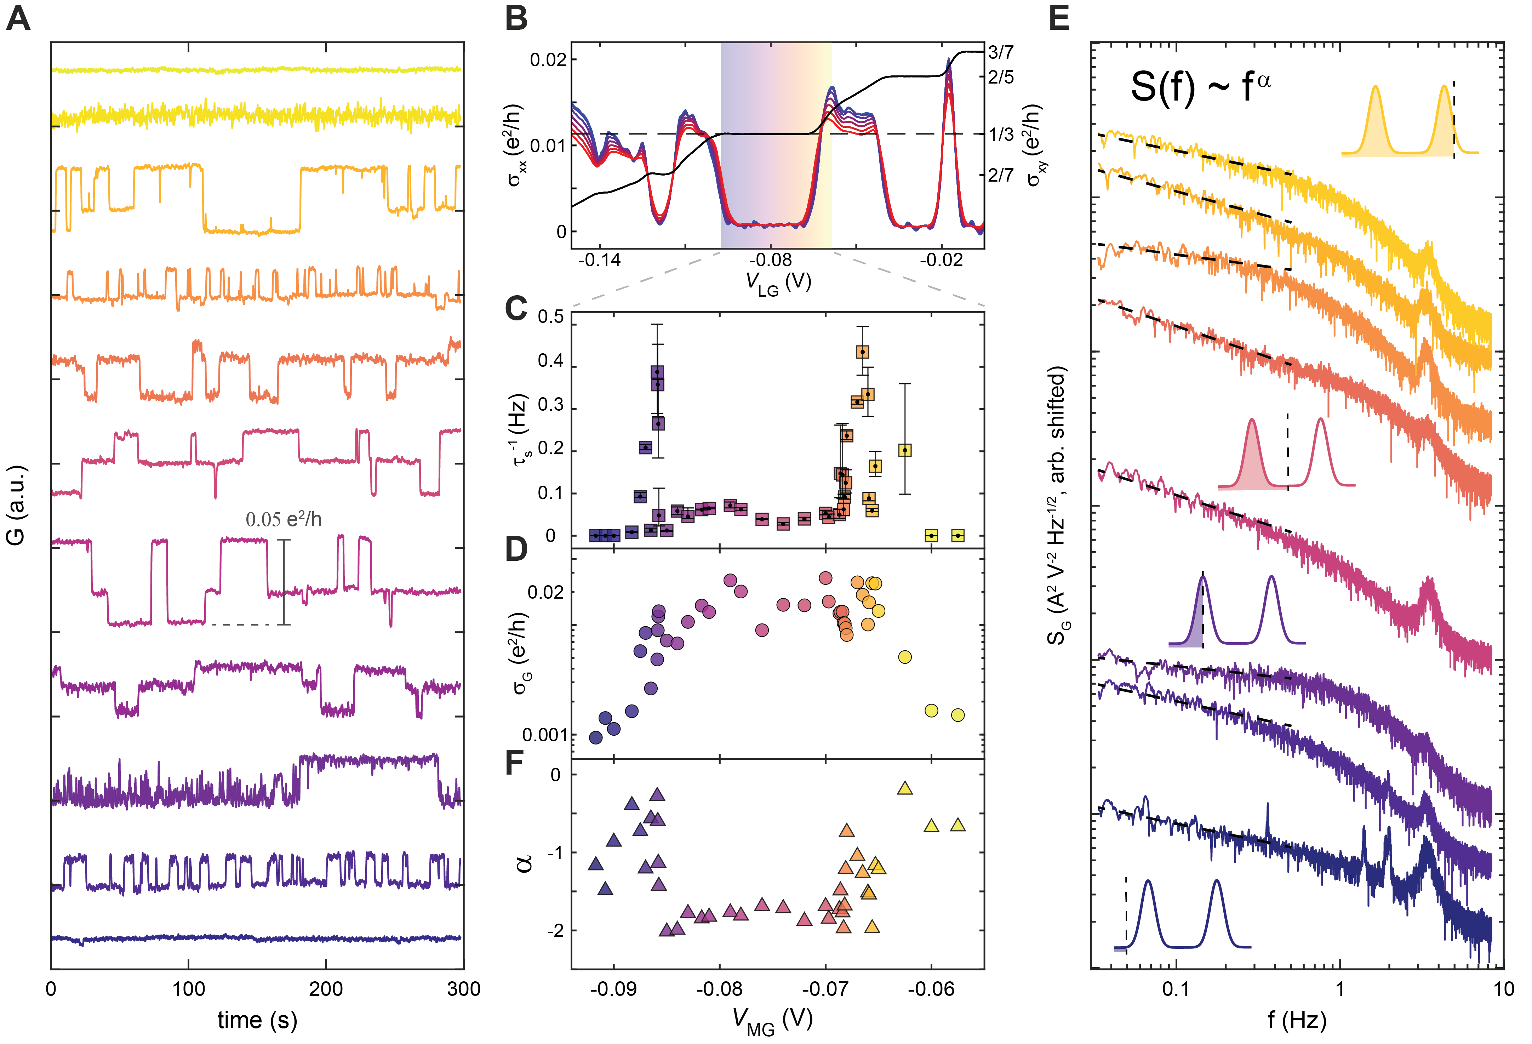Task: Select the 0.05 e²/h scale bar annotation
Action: tap(284, 520)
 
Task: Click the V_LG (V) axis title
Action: tap(778, 284)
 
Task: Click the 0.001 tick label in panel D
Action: tap(544, 735)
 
